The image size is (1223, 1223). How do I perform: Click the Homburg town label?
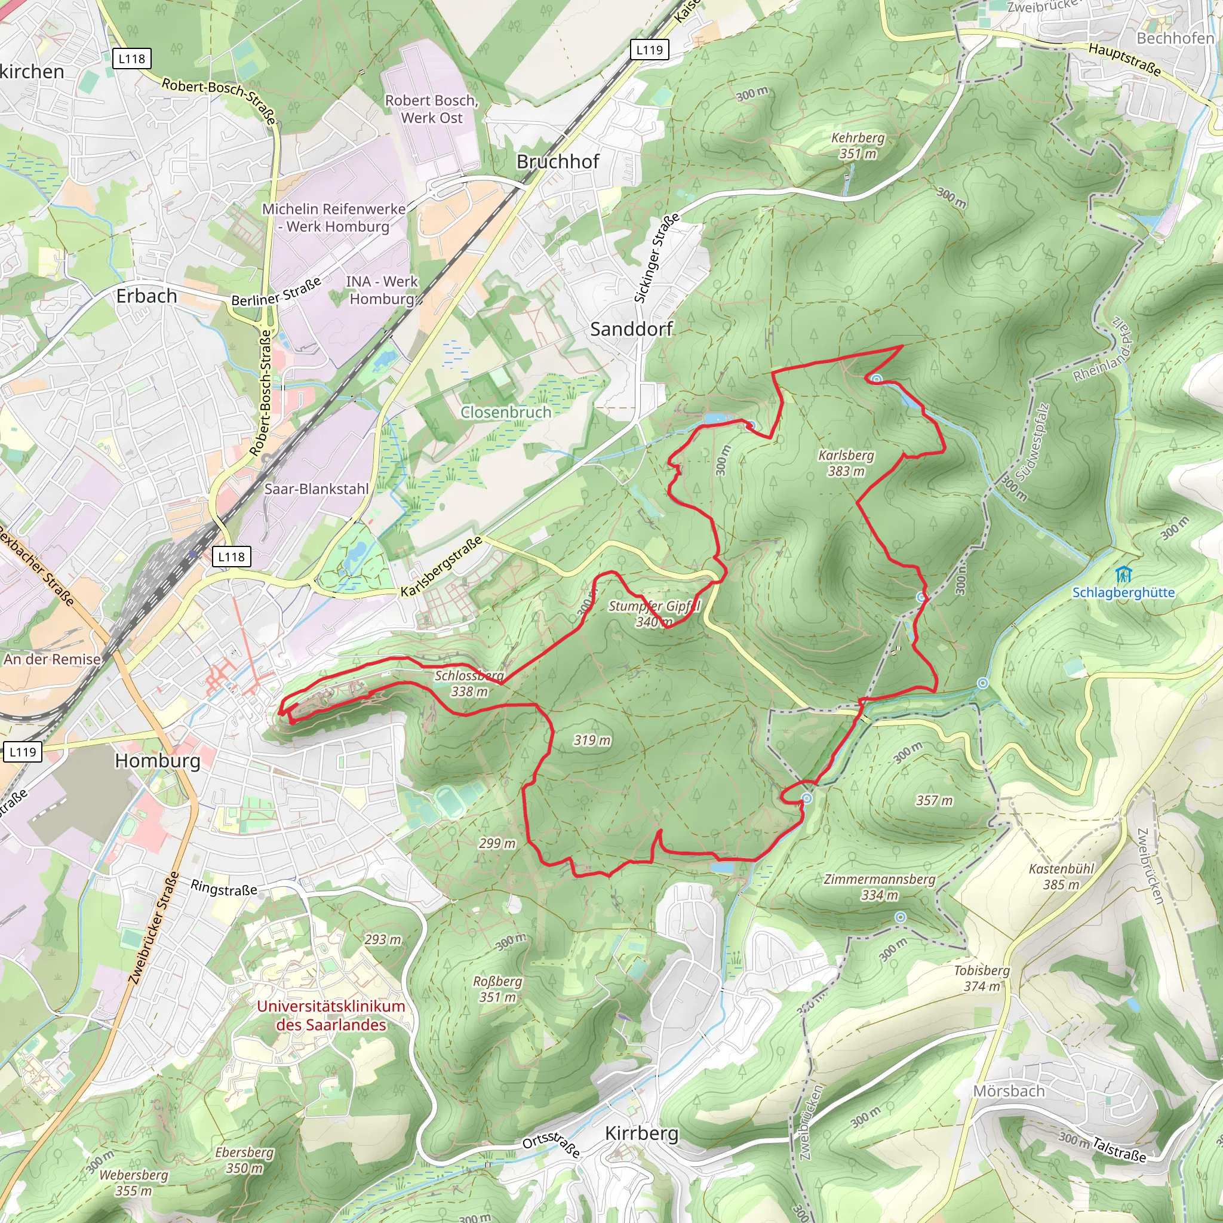(158, 760)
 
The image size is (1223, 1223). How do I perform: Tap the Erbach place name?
(146, 296)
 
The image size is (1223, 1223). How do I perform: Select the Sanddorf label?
(631, 328)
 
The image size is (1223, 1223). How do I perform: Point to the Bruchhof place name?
(557, 161)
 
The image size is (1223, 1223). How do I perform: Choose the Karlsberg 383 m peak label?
(846, 463)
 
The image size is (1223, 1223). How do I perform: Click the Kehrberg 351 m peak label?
(858, 146)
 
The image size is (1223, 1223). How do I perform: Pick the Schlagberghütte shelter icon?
(1123, 576)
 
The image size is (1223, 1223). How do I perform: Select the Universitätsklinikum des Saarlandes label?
(330, 1015)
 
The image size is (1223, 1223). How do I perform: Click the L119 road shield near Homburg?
(23, 752)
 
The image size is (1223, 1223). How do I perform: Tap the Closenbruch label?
(505, 412)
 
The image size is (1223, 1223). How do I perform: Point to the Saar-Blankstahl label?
(316, 488)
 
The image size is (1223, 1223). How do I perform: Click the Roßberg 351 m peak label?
(497, 989)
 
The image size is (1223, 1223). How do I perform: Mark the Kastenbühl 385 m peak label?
(1061, 876)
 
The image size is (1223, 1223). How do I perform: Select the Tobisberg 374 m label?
(982, 978)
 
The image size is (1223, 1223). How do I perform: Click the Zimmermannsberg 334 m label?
(879, 887)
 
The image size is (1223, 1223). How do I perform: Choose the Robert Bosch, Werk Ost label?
(432, 109)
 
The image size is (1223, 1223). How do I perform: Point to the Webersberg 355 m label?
(134, 1182)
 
